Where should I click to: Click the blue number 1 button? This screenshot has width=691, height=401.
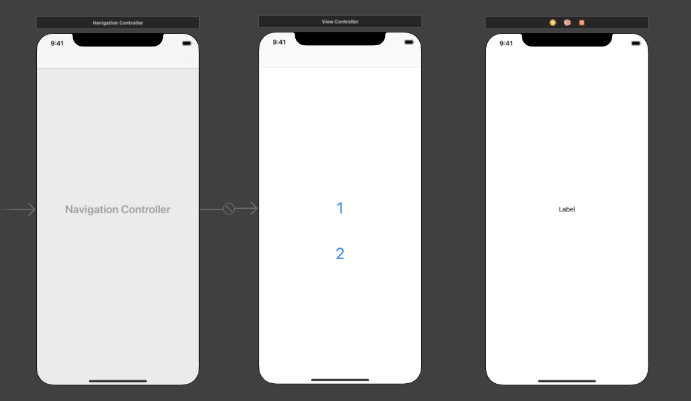point(340,208)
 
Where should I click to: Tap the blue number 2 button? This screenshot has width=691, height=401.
point(340,253)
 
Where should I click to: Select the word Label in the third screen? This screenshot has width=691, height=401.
point(567,209)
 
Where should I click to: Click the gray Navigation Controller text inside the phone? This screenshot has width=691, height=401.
point(118,209)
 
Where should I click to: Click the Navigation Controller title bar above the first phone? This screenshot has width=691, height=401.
point(118,22)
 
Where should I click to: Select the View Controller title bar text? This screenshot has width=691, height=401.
point(340,22)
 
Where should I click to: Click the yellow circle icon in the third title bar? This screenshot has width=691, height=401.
point(553,22)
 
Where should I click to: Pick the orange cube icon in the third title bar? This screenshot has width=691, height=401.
point(567,22)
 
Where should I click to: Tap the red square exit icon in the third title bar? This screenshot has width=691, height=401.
point(582,22)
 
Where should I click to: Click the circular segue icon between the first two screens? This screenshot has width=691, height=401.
point(228,209)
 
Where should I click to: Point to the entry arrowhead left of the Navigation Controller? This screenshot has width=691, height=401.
point(31,209)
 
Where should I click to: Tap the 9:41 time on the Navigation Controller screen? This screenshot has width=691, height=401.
point(57,43)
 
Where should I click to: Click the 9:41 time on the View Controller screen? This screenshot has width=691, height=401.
point(279,42)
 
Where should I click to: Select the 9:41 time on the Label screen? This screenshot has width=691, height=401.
point(506,43)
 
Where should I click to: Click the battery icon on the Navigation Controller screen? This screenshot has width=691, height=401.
point(187,43)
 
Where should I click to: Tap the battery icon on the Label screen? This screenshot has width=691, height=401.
point(636,43)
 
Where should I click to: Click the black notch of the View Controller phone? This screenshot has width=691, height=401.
point(340,39)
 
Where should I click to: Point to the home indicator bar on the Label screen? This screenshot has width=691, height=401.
point(567,381)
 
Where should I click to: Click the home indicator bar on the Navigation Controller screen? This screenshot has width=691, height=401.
point(118,381)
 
